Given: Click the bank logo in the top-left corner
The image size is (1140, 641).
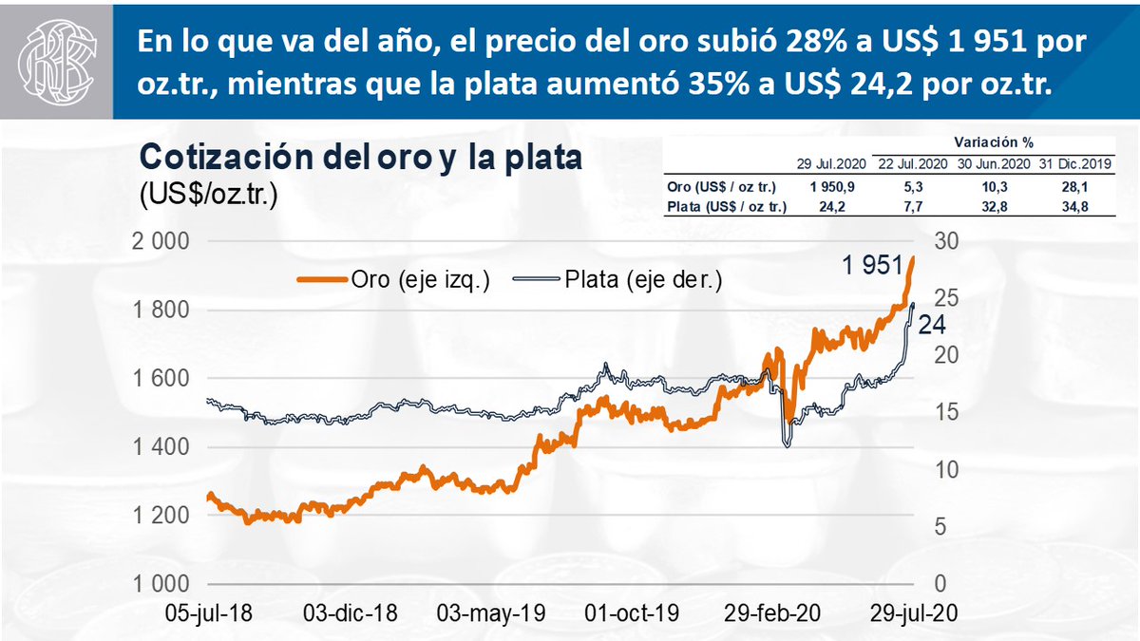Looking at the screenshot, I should point(57,59).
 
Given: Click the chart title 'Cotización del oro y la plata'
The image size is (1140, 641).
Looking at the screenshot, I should point(361,157).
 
